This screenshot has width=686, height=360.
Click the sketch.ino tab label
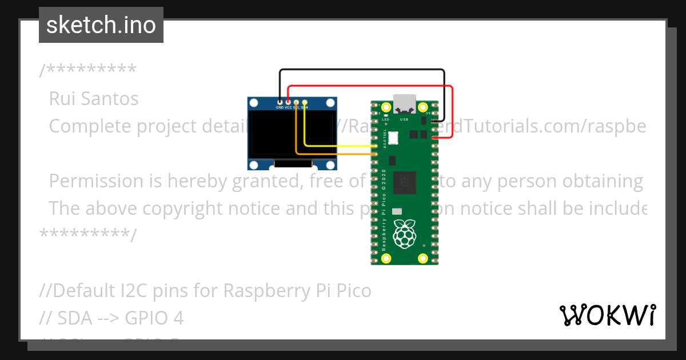101,25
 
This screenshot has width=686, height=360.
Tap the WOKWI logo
607,315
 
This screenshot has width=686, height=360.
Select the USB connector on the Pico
405,103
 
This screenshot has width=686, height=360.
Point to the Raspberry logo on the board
405,233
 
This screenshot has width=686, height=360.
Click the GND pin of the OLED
280,102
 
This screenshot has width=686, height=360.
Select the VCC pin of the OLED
288,102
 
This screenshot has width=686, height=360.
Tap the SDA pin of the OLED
305,102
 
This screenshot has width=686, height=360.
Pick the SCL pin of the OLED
296,102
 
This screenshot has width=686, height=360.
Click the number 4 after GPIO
178,318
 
